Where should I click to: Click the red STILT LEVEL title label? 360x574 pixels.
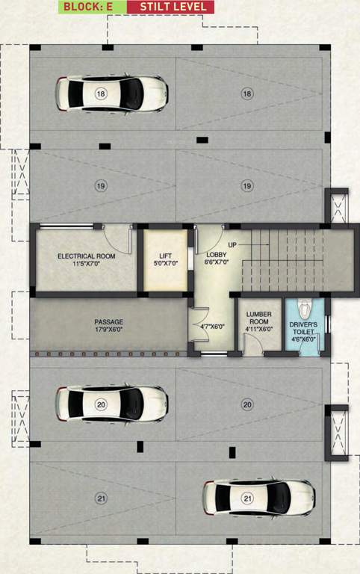(x=170, y=7)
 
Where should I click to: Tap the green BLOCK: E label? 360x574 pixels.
(x=92, y=7)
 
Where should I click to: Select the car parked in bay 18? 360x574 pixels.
(x=111, y=92)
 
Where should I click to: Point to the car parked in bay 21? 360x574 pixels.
(x=258, y=497)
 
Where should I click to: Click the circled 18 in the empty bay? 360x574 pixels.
(x=247, y=93)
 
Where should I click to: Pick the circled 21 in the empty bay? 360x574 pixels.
(x=100, y=497)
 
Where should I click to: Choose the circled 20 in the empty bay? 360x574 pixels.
(x=247, y=404)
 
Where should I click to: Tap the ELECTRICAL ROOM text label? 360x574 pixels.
(x=85, y=256)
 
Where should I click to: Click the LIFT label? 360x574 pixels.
(x=165, y=256)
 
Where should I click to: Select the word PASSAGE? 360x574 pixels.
(x=108, y=322)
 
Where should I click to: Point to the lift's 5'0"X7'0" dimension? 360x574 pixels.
(x=165, y=263)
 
